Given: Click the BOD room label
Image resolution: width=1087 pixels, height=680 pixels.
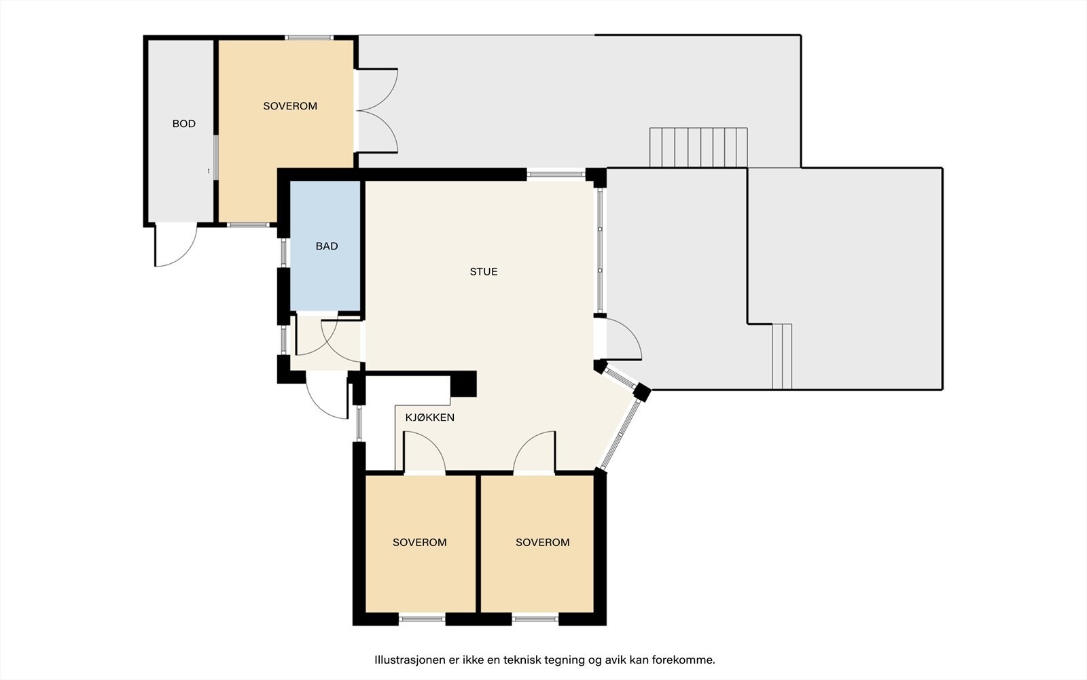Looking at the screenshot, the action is click(x=184, y=124).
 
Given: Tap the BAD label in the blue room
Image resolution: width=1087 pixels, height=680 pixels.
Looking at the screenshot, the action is click(x=327, y=246).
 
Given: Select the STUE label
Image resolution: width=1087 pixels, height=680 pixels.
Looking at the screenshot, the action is click(x=483, y=271).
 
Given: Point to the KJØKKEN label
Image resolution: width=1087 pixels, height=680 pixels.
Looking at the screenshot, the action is click(x=430, y=418).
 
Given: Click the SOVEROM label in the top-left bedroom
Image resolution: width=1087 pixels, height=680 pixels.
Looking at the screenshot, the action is click(x=290, y=106).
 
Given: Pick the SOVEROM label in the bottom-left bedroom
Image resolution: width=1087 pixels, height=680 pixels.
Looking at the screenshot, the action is click(x=420, y=542).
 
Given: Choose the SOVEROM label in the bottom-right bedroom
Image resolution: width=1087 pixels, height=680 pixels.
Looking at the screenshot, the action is click(x=543, y=542).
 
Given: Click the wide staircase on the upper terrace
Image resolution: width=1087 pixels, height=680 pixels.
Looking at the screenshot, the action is click(x=698, y=148).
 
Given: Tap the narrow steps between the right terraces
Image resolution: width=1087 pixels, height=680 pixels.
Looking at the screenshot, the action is click(x=782, y=356).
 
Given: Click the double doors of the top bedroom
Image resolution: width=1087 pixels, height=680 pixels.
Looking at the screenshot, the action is click(x=378, y=112).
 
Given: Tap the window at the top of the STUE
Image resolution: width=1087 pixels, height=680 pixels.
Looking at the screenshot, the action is click(x=556, y=174).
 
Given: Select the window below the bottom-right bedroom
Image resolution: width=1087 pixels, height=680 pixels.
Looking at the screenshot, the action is click(x=535, y=619).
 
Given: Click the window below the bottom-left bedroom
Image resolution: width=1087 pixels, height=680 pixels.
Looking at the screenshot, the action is click(x=422, y=619).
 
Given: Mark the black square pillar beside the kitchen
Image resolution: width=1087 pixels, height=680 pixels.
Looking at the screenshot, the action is click(x=463, y=384).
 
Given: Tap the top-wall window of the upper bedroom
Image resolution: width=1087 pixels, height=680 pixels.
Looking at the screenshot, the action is click(x=308, y=37).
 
